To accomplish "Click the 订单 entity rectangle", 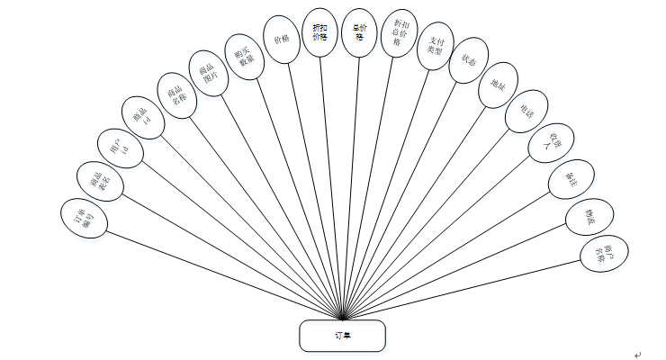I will tap(342, 335).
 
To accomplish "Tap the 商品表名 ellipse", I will tap(101, 182).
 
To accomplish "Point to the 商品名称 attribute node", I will tap(176, 92).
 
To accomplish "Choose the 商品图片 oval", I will tap(208, 70).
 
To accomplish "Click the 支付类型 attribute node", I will tap(437, 45).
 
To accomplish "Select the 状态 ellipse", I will tap(468, 61).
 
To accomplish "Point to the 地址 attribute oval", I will tap(499, 85).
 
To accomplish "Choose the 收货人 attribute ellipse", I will tap(546, 144).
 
